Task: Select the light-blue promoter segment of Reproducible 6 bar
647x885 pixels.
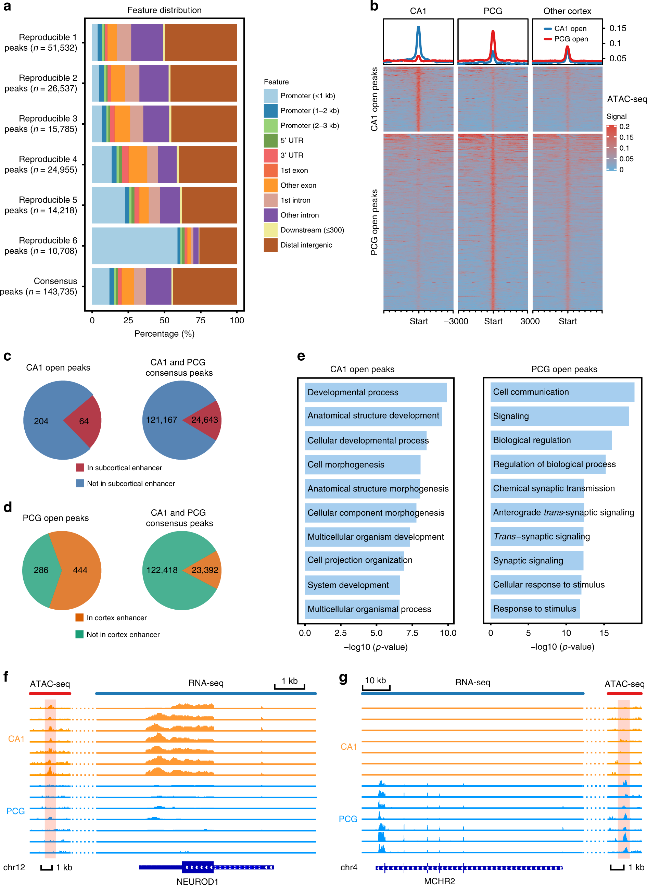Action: coord(134,246)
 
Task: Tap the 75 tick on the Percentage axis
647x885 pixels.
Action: coord(201,320)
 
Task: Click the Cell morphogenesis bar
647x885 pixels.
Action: coord(362,465)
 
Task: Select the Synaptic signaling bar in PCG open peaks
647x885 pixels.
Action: coord(536,561)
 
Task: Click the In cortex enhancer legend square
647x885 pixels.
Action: coord(79,618)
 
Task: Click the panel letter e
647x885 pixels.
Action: coord(301,356)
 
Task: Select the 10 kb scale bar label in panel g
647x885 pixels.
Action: coord(375,680)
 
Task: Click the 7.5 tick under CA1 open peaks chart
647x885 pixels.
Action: coord(412,633)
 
